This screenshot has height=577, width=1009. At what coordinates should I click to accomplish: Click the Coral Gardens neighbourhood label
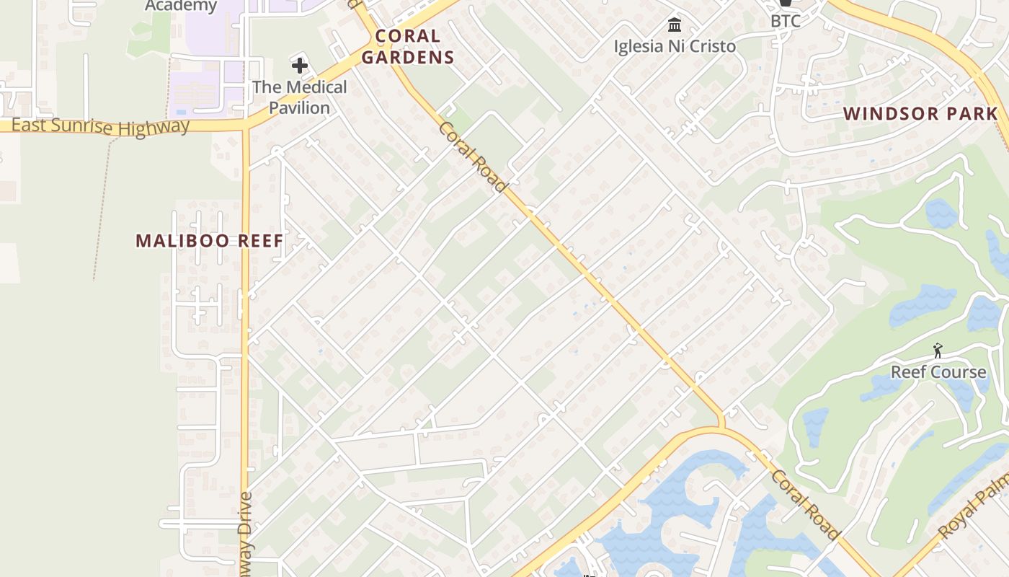[408, 46]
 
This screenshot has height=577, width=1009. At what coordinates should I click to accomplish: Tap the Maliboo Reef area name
[210, 241]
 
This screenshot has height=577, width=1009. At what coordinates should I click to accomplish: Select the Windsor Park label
[920, 113]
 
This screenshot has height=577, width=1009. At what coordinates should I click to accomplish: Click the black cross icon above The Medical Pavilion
[300, 66]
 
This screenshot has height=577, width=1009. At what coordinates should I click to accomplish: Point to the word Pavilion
[300, 107]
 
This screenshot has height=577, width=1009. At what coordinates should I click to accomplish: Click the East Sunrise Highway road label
[101, 127]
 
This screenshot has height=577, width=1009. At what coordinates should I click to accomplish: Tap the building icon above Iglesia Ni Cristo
[675, 25]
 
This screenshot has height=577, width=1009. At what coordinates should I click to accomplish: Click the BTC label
[786, 21]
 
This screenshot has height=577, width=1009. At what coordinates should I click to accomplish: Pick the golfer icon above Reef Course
[938, 351]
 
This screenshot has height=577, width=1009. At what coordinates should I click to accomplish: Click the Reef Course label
[938, 372]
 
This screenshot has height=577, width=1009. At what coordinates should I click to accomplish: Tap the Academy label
[181, 6]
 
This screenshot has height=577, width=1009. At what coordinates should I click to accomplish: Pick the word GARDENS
[408, 57]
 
